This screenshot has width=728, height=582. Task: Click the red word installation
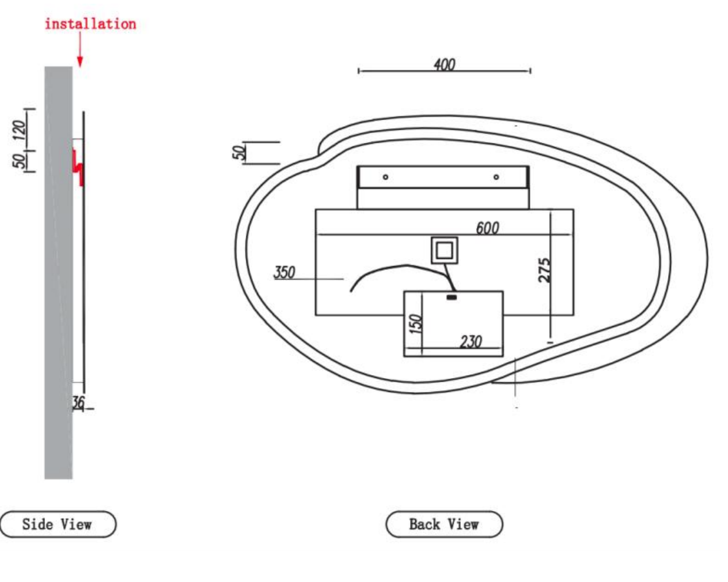pos(91,24)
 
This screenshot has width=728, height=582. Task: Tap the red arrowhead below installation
pos(80,62)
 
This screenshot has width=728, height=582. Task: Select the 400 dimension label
pos(444,64)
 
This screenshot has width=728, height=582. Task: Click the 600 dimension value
pos(488,228)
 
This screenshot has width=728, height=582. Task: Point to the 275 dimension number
pos(545,270)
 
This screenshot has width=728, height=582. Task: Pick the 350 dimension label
pos(284,272)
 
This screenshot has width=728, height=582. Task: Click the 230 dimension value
pos(471,342)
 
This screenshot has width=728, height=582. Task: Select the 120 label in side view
pos(19,131)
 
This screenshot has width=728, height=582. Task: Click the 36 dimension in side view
pos(78,402)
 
